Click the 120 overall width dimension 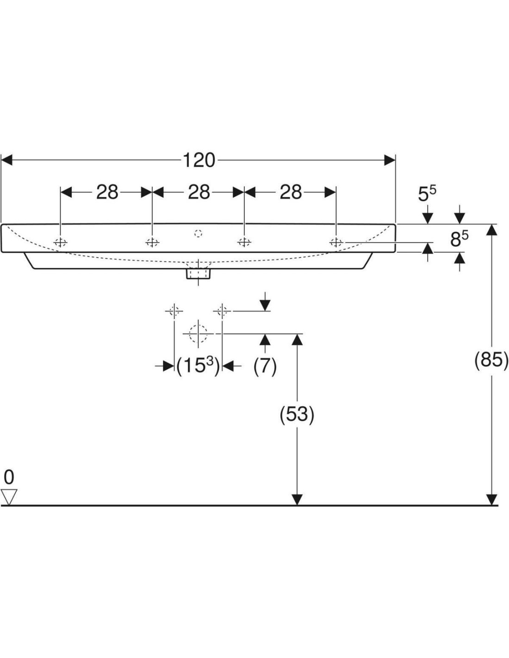[x=199, y=160]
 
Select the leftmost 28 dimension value [x=107, y=192]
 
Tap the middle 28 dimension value [x=199, y=192]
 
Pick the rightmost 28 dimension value [x=291, y=192]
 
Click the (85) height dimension [x=491, y=359]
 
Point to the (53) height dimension [x=297, y=414]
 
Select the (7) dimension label [x=265, y=366]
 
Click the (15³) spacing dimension [x=198, y=366]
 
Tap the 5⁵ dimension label [x=427, y=194]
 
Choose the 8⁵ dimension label [x=459, y=239]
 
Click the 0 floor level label [x=9, y=477]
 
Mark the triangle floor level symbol [x=9, y=497]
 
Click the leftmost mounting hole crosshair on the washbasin [x=61, y=242]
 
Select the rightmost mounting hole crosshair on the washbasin [x=336, y=242]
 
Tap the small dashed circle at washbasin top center [x=199, y=233]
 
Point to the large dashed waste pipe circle [x=198, y=333]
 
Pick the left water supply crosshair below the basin [x=174, y=311]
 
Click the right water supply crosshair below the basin [x=222, y=311]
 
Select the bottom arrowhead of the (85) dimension [x=491, y=500]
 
